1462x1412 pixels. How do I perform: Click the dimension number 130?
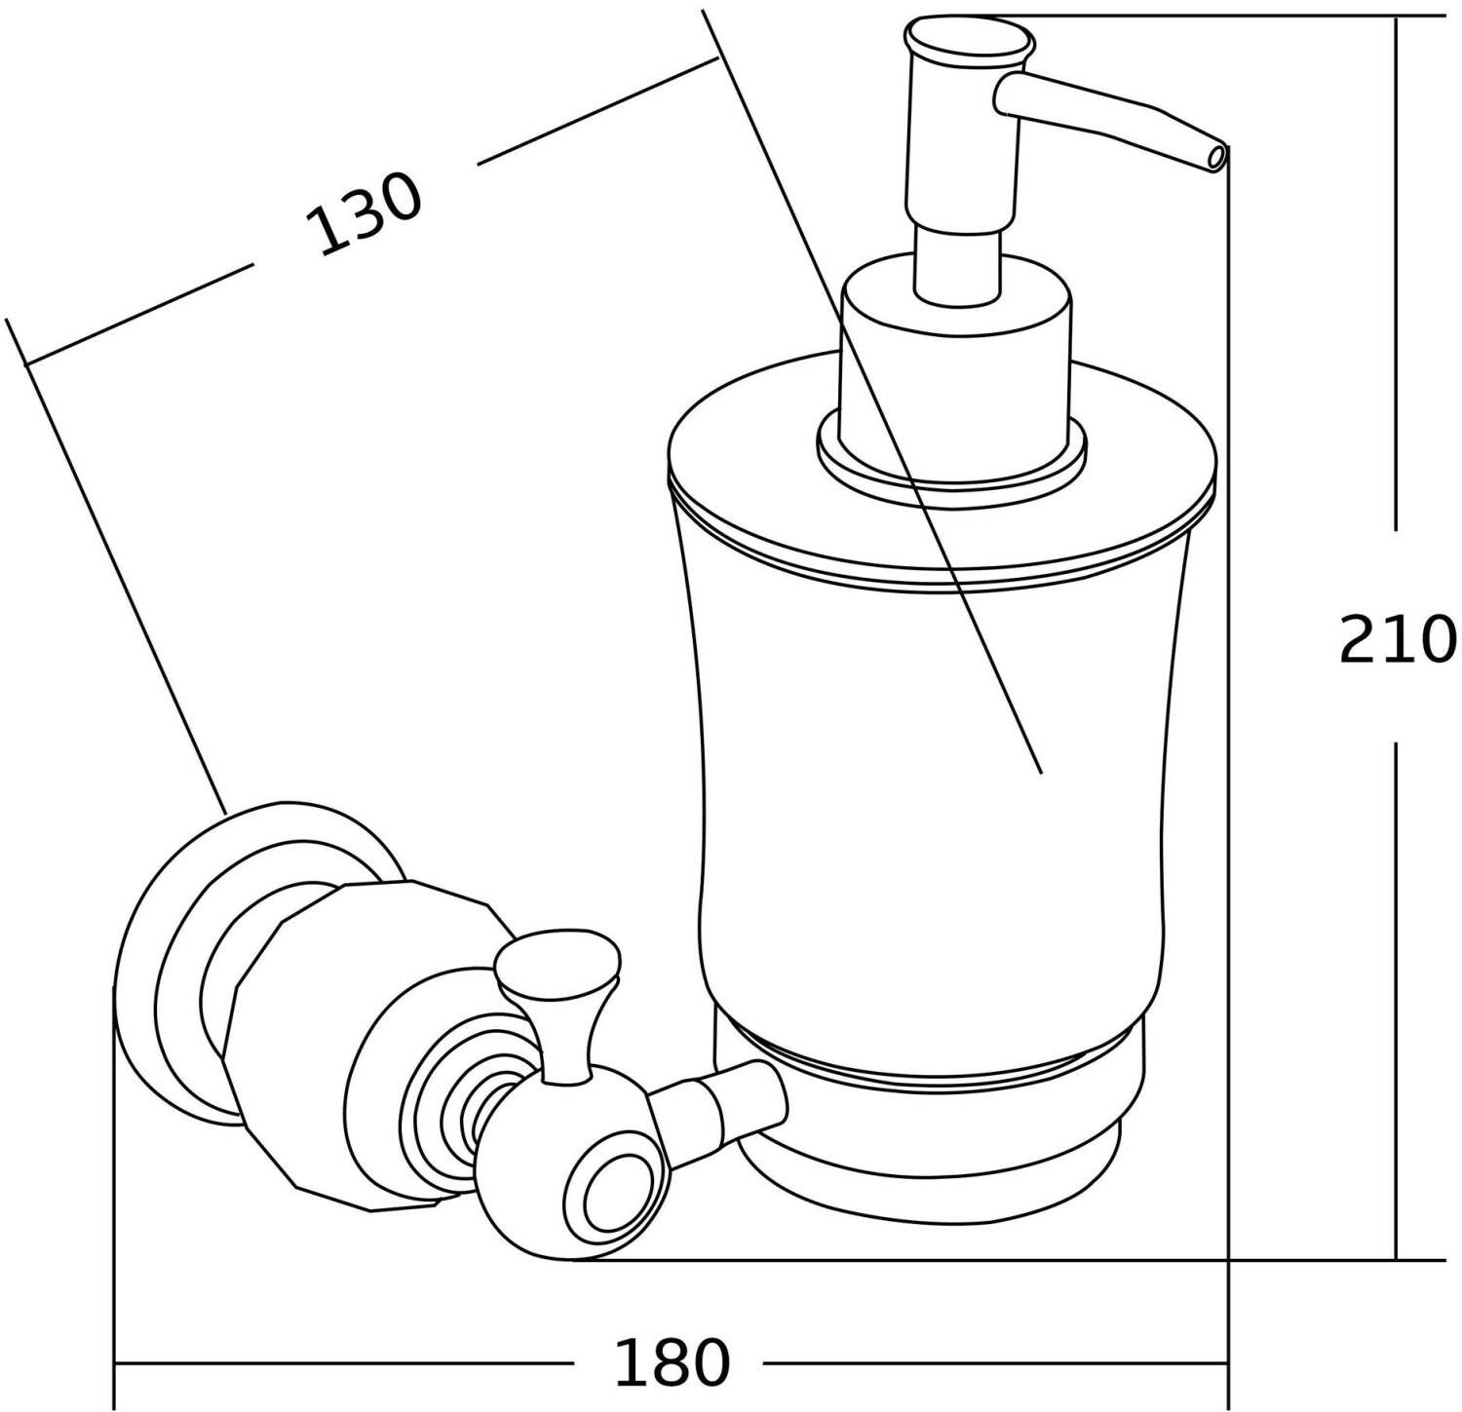point(365,214)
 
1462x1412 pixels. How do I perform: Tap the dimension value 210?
point(1398,640)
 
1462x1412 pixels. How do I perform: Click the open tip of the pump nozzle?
point(1214,157)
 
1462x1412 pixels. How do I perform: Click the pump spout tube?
point(1106,118)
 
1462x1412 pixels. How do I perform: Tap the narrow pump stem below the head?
point(957,261)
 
